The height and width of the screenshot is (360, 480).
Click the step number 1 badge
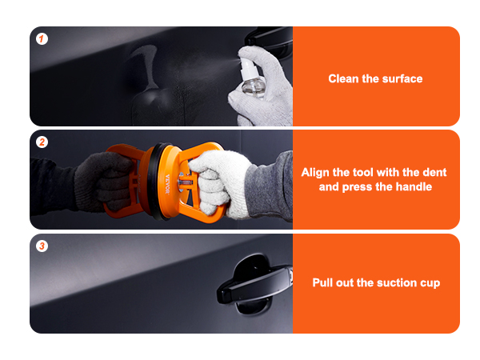tap(42, 39)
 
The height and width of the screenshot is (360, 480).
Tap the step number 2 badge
tap(42, 142)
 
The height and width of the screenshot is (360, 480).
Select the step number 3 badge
tap(42, 246)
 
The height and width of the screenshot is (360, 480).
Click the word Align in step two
tap(315, 173)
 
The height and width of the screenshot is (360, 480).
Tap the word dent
tap(434, 172)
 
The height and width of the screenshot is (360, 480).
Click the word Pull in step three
tap(322, 282)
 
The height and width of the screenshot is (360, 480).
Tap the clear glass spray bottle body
tap(253, 88)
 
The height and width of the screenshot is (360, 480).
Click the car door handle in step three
tap(254, 284)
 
